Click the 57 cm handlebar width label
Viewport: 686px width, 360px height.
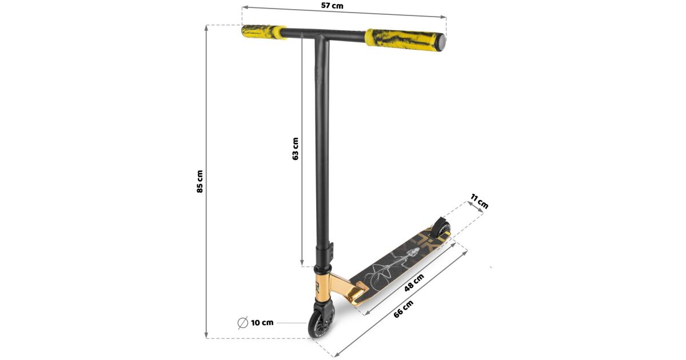click(332, 6)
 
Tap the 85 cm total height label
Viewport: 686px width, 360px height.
click(200, 182)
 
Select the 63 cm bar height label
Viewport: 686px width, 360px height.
click(295, 149)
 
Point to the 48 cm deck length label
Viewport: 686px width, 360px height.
click(414, 282)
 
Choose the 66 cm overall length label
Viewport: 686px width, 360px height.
click(404, 309)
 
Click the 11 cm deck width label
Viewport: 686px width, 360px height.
click(479, 201)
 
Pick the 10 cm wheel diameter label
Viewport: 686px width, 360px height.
click(262, 323)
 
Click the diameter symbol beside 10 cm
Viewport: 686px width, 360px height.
click(242, 323)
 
